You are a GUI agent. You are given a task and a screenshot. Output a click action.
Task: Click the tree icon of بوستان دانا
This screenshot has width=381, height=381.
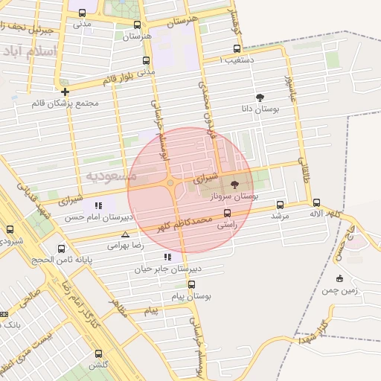tap(260, 97)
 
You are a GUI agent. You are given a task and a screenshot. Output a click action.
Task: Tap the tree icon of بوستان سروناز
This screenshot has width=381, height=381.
tap(235, 184)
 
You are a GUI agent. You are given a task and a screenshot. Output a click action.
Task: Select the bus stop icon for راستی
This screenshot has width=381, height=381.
tap(227, 213)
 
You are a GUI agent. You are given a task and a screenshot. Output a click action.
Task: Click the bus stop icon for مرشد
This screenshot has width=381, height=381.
tap(280, 205)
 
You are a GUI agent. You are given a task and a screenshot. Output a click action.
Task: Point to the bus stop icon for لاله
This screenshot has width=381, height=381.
tap(316, 202)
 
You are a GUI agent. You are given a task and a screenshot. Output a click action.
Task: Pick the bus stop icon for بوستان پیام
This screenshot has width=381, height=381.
tap(191, 284)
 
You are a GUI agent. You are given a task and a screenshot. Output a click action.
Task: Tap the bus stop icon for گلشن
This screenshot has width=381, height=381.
tap(98, 354)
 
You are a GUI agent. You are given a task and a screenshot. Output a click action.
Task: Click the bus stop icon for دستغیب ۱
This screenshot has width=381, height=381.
tap(237, 49)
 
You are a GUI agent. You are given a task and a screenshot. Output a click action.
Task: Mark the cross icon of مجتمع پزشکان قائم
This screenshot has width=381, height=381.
tap(65, 92)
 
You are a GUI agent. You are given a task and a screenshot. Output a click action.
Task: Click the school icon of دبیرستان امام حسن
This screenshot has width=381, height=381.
tap(98, 205)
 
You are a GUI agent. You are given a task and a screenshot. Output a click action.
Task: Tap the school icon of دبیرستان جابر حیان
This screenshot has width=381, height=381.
tap(167, 257)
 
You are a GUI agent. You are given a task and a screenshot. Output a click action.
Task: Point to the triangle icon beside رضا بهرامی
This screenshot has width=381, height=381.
tap(125, 234)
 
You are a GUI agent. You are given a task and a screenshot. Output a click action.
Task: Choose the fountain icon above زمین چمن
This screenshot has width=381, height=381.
tap(339, 279)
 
